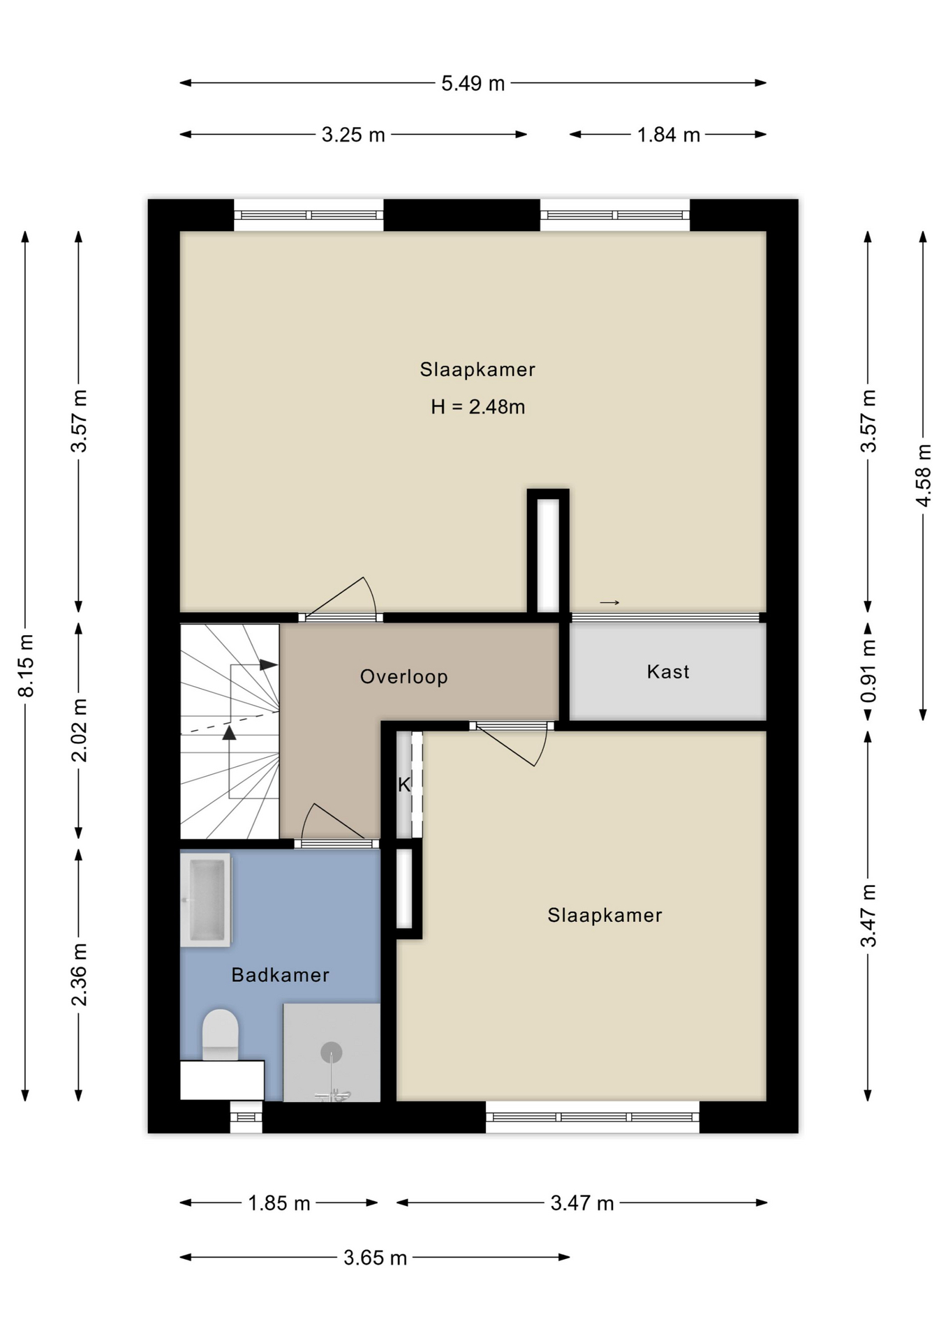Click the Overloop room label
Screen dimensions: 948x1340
pos(403,676)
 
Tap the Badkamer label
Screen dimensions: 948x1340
pos(280,975)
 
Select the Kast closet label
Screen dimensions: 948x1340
pos(668,671)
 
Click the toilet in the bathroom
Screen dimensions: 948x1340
pos(220,1034)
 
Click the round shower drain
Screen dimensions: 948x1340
pos(331,1052)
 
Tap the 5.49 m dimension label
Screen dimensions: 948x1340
pos(473,83)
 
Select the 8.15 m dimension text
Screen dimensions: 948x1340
pos(26,666)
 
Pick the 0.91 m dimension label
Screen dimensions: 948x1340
pos(868,671)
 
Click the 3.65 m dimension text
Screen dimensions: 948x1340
pos(375,1258)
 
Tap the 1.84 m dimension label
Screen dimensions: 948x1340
pos(668,135)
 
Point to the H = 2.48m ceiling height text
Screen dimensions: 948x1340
pos(477,406)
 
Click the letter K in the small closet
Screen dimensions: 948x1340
pos(404,785)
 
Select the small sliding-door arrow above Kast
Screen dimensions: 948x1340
pos(609,602)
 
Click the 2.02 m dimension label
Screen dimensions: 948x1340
pos(80,730)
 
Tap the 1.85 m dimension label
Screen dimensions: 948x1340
pos(279,1203)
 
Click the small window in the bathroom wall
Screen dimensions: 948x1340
pos(246,1117)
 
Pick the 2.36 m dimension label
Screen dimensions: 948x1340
pos(80,974)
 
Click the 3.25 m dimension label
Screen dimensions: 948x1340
pos(353,135)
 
